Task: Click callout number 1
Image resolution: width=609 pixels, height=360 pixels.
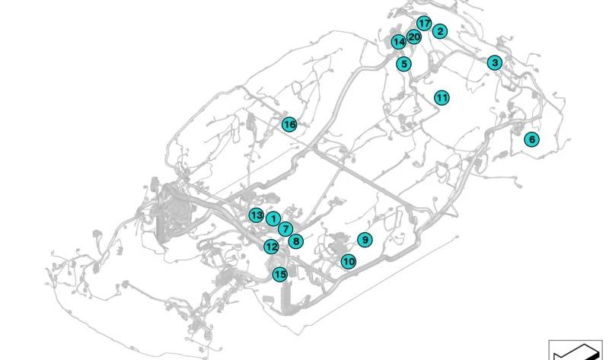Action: (273, 219)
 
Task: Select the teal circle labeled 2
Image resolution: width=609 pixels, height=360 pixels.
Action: (440, 31)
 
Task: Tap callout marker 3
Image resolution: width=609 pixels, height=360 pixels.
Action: (495, 62)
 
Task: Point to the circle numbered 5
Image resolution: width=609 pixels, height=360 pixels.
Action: (404, 64)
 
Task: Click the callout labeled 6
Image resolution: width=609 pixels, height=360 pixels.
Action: (531, 139)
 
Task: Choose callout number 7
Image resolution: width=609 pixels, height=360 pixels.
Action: (285, 229)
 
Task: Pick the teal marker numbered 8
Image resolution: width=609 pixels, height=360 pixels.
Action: (296, 241)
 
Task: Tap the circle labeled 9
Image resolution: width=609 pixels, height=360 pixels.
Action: (365, 240)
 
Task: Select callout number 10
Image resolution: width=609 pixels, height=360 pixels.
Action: (349, 261)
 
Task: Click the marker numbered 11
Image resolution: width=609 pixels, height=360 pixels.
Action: (442, 98)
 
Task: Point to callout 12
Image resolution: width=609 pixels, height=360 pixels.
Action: (271, 247)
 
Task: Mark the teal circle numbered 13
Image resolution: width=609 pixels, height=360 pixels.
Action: (256, 215)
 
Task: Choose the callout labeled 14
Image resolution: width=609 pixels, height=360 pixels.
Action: (398, 42)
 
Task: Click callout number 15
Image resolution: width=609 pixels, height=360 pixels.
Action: (279, 275)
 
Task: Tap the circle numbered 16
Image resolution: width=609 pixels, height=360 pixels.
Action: (289, 125)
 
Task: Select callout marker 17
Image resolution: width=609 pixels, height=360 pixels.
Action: (424, 24)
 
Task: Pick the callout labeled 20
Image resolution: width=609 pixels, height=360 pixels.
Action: (414, 37)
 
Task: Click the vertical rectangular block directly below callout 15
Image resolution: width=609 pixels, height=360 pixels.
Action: (285, 296)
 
